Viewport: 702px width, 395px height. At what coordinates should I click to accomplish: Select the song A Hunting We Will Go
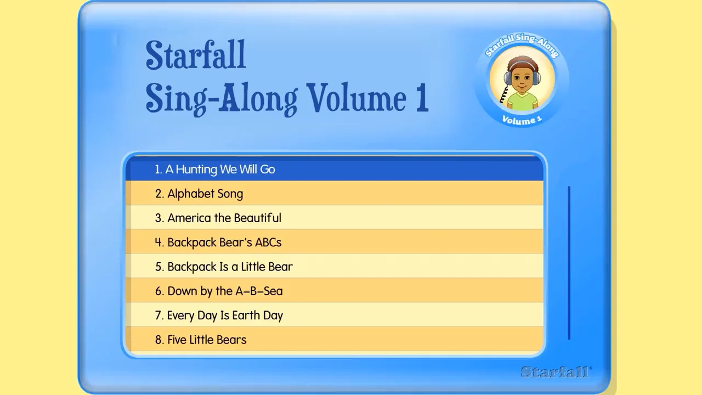click(x=220, y=170)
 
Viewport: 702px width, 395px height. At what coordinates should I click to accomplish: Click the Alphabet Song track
click(x=205, y=194)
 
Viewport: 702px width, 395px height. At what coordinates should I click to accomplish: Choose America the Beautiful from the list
click(x=224, y=218)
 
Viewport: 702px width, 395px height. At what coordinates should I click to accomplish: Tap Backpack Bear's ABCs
click(x=224, y=242)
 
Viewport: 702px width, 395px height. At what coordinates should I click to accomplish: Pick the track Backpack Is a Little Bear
click(x=230, y=267)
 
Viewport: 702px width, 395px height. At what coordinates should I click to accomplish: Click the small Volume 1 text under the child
click(x=522, y=120)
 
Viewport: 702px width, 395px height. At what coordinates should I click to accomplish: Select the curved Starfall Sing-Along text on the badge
click(x=522, y=43)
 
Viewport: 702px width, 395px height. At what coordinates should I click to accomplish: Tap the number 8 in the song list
click(x=158, y=340)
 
